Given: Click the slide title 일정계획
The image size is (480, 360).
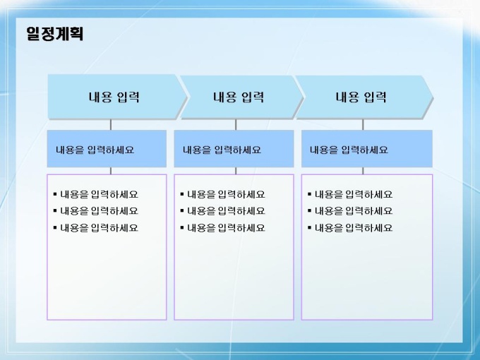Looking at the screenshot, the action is pyautogui.click(x=54, y=34).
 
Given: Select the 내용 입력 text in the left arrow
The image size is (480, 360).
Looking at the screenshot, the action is pyautogui.click(x=114, y=97).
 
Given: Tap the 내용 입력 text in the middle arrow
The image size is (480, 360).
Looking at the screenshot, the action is pyautogui.click(x=239, y=97).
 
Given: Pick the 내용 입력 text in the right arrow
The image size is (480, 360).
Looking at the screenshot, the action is pyautogui.click(x=361, y=97).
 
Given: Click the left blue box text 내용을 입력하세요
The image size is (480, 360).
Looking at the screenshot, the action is pyautogui.click(x=95, y=150).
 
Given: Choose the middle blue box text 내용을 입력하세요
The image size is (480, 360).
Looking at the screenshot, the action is pyautogui.click(x=222, y=150).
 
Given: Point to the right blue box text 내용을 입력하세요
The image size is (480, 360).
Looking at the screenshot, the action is pyautogui.click(x=349, y=150).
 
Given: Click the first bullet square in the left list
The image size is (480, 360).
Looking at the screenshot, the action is pyautogui.click(x=55, y=194).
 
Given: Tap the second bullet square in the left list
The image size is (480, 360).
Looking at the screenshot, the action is pyautogui.click(x=55, y=210).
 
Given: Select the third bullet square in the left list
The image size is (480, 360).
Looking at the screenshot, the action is pyautogui.click(x=55, y=227).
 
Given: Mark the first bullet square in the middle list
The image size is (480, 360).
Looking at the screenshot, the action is pyautogui.click(x=182, y=194).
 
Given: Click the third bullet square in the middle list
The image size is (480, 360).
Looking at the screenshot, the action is pyautogui.click(x=182, y=227).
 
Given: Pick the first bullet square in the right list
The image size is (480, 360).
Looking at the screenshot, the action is pyautogui.click(x=309, y=194).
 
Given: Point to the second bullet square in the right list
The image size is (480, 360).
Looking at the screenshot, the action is pyautogui.click(x=309, y=210).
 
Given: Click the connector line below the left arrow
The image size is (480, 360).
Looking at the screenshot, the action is pyautogui.click(x=111, y=125).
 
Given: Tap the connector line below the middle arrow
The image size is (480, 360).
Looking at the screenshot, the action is pyautogui.click(x=236, y=125).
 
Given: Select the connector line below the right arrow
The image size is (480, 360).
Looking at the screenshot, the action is pyautogui.click(x=363, y=125).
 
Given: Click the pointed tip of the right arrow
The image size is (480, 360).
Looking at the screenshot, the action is pyautogui.click(x=433, y=97).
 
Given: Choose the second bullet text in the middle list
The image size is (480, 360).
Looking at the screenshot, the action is pyautogui.click(x=226, y=211).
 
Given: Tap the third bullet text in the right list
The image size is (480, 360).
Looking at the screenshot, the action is pyautogui.click(x=354, y=228).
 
